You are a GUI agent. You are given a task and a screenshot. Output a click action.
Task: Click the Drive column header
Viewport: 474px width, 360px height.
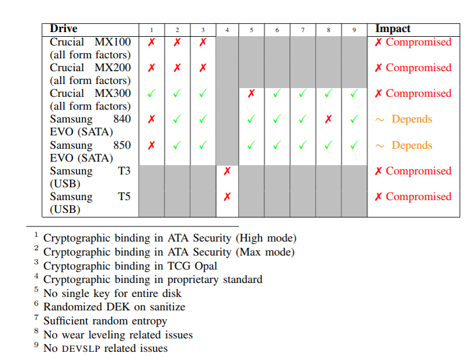tap(64, 29)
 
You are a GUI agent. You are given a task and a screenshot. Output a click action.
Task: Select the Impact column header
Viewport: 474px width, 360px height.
tap(393, 29)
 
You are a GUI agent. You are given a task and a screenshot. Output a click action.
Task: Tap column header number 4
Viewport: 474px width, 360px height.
tap(227, 30)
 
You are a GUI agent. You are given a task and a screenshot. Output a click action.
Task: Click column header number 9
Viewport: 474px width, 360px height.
tap(354, 30)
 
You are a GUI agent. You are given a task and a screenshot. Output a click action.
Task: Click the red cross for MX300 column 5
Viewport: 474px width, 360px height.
tap(251, 93)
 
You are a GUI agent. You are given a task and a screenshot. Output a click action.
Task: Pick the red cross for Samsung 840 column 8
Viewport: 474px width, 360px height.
tap(328, 119)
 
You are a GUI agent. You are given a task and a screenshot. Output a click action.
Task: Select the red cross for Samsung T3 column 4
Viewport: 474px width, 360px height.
tap(227, 171)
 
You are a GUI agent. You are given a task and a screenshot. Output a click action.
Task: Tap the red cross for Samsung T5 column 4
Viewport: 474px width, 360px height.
tap(227, 197)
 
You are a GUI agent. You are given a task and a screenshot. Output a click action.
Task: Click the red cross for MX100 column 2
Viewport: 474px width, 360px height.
tap(177, 42)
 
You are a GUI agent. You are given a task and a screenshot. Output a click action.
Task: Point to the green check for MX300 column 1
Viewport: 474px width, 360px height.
tap(151, 93)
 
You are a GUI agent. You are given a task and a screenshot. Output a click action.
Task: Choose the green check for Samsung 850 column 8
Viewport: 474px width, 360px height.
tap(328, 145)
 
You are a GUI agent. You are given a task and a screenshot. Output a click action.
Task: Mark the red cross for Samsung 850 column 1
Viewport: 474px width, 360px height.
tap(151, 145)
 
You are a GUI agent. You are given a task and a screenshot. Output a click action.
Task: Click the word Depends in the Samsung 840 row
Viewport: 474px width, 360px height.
tap(412, 120)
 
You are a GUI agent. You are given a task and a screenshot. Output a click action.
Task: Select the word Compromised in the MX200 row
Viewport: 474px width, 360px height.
tap(419, 68)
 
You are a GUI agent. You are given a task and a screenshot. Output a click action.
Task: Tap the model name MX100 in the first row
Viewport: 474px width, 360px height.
tap(113, 42)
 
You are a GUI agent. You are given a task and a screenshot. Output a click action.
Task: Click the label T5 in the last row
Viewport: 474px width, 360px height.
tap(124, 197)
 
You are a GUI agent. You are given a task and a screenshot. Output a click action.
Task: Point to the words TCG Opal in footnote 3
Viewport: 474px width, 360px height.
tap(192, 266)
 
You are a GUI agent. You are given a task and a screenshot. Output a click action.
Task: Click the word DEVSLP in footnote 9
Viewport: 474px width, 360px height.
tap(81, 349)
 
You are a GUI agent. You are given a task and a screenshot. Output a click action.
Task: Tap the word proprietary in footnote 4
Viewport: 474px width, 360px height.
tap(193, 280)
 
